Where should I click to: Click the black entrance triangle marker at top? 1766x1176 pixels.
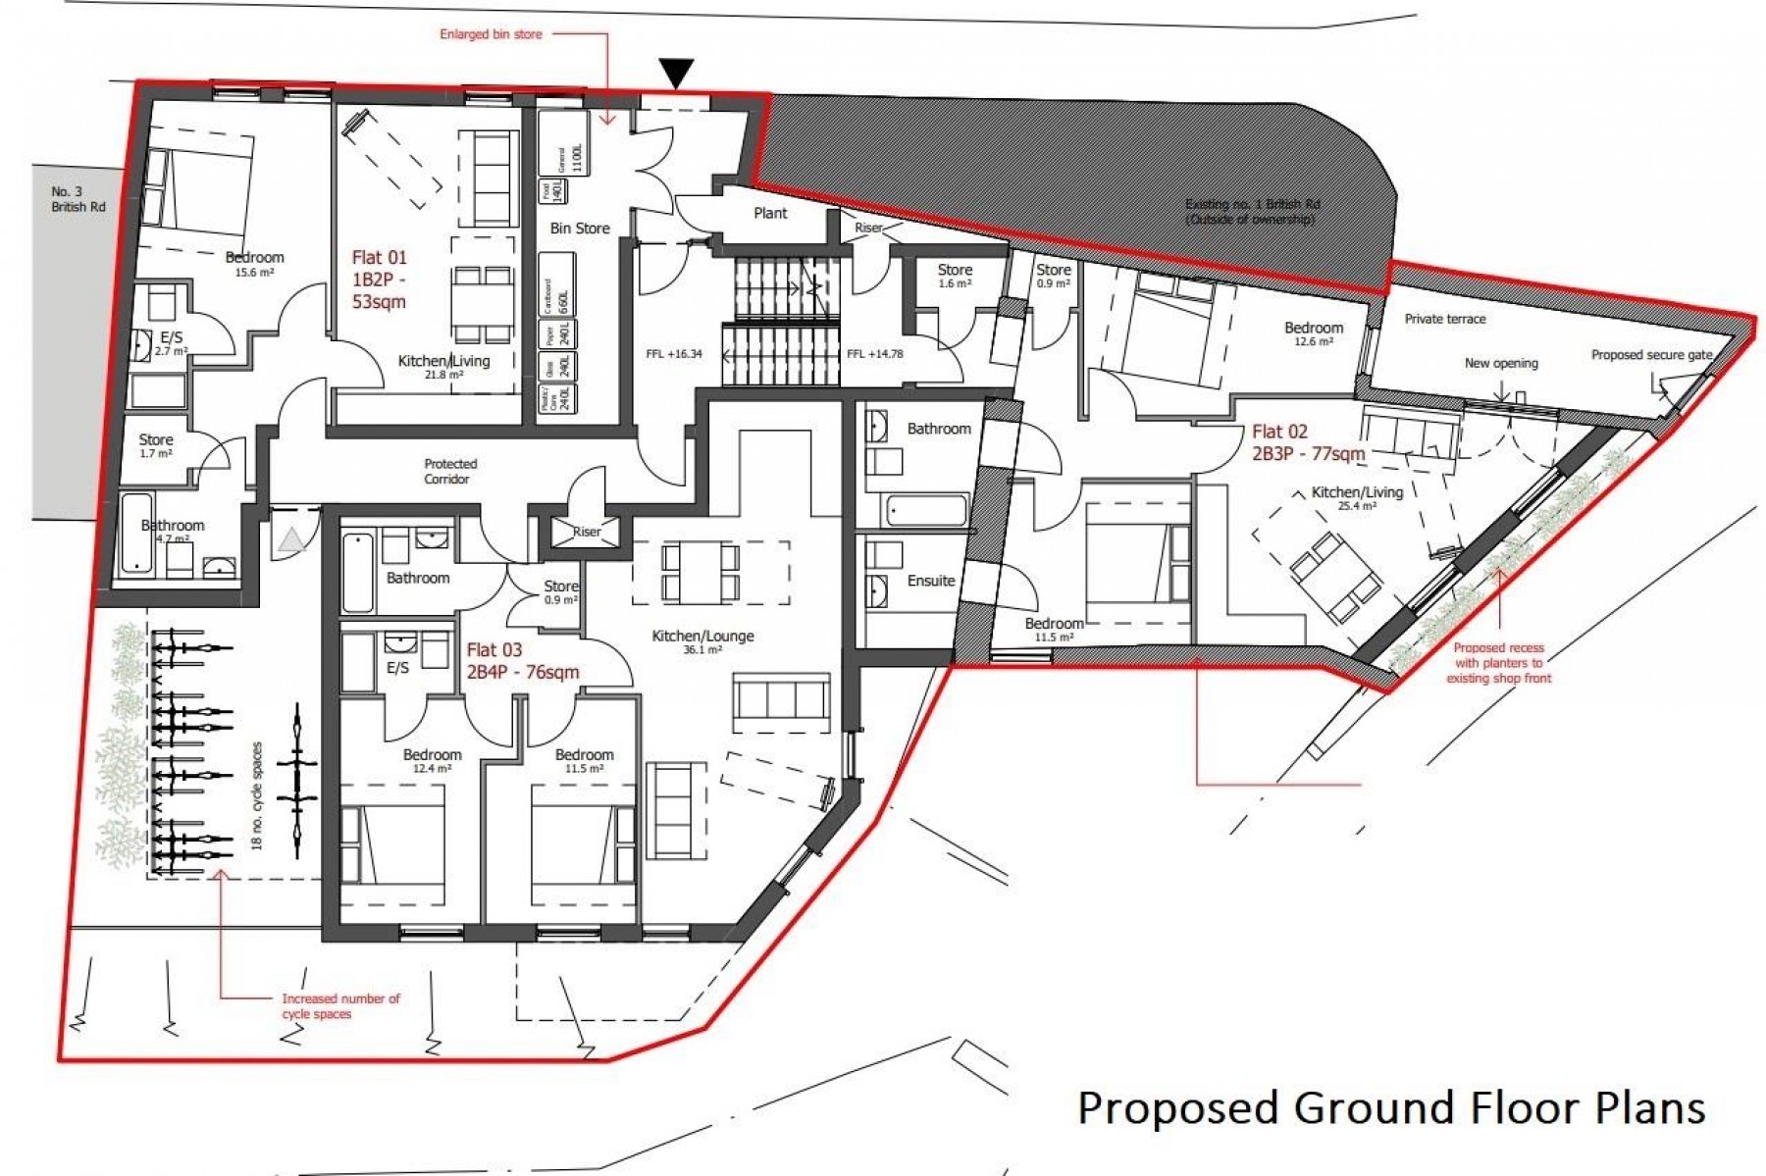point(677,73)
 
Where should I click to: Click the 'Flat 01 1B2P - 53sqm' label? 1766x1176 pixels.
point(379,280)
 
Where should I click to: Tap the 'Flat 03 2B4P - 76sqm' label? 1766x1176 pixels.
point(522,661)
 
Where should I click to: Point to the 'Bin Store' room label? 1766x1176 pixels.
point(579,229)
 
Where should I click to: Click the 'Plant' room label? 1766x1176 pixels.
point(770,213)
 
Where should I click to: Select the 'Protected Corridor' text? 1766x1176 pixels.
point(450,471)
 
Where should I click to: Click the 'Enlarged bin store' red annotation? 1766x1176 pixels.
point(491,34)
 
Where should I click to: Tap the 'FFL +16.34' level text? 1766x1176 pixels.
point(674,354)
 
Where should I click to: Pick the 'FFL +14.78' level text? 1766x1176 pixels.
point(874,354)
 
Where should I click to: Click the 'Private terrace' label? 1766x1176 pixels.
point(1444,319)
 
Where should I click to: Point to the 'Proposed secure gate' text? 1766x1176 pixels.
point(1651,355)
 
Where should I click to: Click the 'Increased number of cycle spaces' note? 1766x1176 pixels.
point(340,1006)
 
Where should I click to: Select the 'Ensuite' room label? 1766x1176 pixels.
point(930,581)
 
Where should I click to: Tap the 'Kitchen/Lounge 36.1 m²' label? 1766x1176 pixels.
point(702,641)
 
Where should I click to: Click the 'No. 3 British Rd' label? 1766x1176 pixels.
point(78,199)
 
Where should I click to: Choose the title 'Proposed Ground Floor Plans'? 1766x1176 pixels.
point(1390,1107)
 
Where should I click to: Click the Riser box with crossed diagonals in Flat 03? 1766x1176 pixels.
point(586,532)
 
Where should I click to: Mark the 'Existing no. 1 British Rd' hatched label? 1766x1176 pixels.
point(1252,212)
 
